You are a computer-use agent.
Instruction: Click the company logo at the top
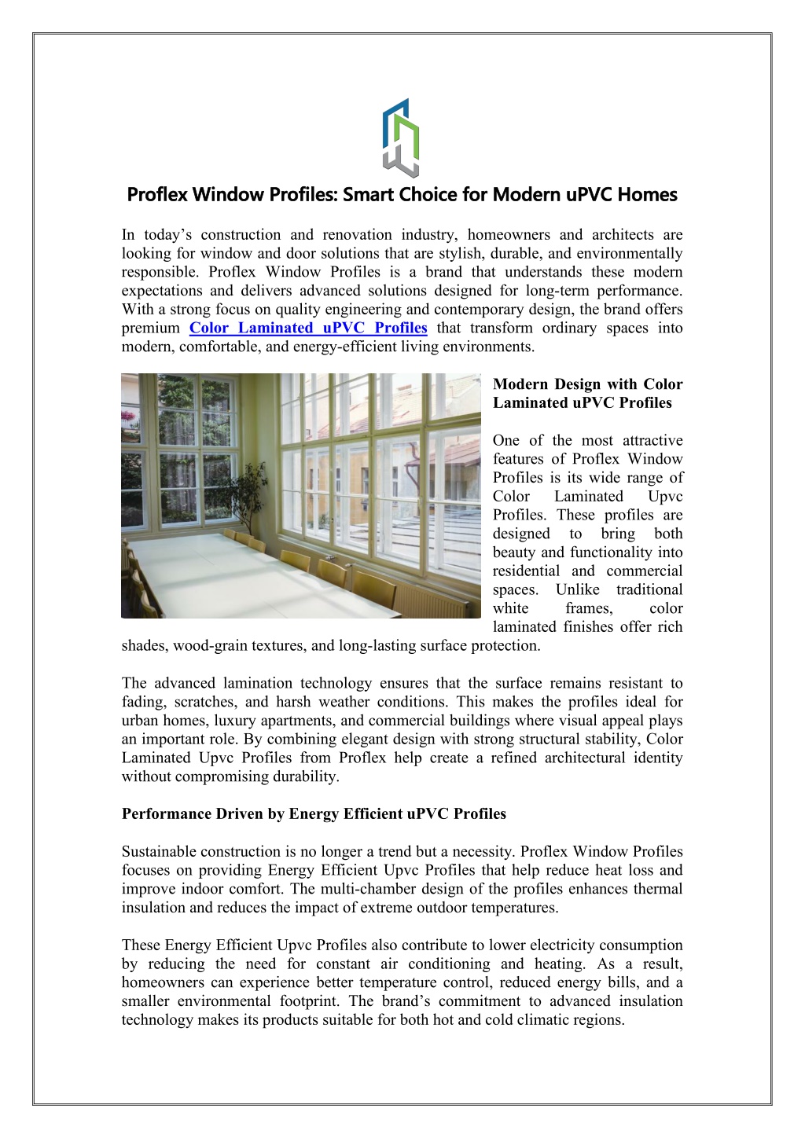tap(401, 138)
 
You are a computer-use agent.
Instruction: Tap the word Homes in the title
tap(647, 194)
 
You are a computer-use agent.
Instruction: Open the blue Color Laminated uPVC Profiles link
tap(308, 329)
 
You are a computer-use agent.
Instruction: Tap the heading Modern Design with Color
tap(587, 384)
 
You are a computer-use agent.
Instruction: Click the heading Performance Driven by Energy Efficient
tap(314, 814)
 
